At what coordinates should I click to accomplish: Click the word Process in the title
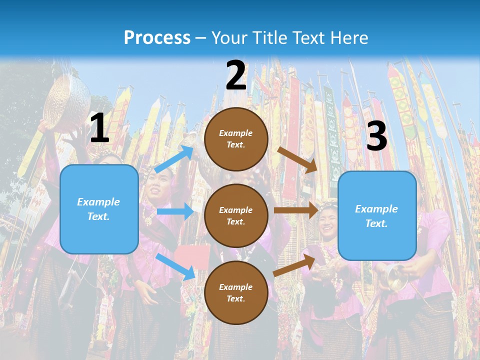[x=157, y=38]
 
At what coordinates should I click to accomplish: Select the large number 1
[x=99, y=128]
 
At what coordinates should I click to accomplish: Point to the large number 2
[x=236, y=75]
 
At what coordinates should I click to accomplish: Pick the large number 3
[x=376, y=136]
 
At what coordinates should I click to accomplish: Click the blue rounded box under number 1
[x=99, y=209]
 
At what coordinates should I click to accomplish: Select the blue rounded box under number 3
[x=377, y=216]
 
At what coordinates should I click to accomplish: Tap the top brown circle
[x=236, y=139]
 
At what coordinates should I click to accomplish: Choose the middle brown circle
[x=236, y=215]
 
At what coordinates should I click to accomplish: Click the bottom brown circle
[x=236, y=292]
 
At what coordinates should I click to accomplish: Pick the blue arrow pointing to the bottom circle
[x=175, y=266]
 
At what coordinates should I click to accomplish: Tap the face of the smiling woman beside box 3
[x=328, y=220]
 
